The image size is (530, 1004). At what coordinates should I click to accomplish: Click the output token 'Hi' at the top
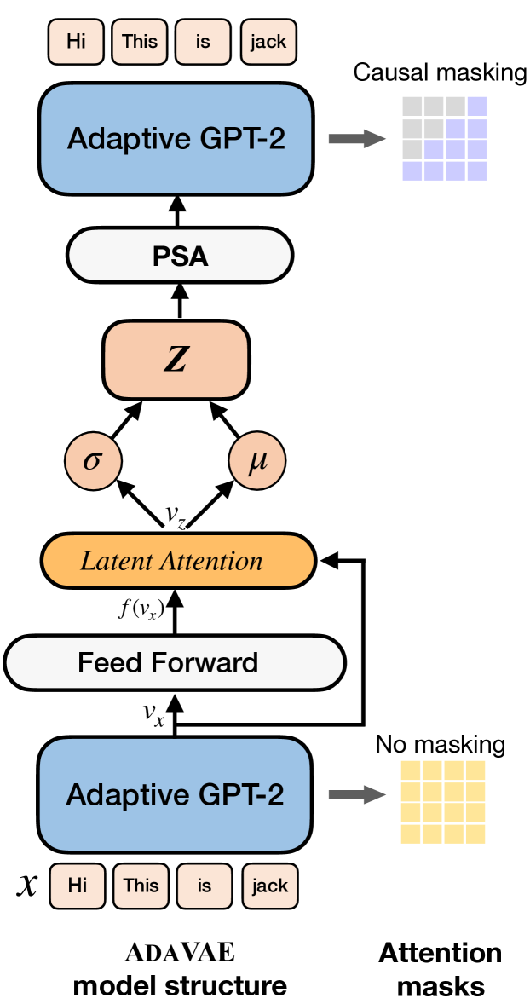coord(76,42)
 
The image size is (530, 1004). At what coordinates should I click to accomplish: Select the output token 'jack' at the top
coord(268,42)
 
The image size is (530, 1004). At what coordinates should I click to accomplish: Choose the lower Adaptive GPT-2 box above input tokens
coord(176,794)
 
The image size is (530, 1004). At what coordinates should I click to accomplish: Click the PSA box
coord(180,255)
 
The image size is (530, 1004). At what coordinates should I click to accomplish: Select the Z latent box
coord(176,361)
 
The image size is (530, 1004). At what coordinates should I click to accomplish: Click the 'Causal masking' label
coord(440,72)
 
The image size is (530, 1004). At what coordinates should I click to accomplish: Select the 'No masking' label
coord(440,745)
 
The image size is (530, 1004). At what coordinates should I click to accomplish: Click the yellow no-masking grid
coord(443,801)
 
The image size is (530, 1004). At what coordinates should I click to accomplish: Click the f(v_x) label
coord(141,609)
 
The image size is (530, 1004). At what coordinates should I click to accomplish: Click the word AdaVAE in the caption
coord(179,952)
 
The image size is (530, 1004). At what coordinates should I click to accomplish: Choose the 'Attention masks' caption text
coord(441,969)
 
